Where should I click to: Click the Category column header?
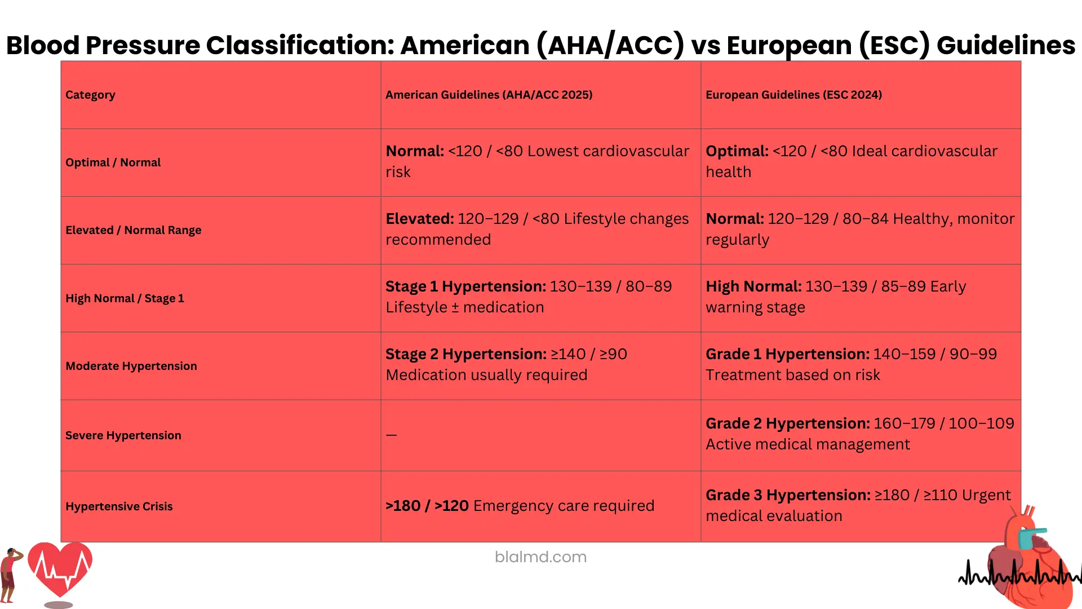tap(90, 95)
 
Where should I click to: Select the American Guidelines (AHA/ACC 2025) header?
tap(489, 95)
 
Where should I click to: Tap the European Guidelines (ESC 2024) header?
tap(793, 95)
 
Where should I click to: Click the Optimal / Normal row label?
tap(113, 162)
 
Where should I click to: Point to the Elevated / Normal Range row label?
tap(133, 230)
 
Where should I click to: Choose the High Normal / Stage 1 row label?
tap(125, 298)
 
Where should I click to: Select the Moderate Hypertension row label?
tap(131, 366)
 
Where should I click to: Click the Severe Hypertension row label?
tap(123, 435)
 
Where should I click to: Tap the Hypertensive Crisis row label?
tap(119, 506)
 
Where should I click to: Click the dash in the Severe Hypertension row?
tap(392, 435)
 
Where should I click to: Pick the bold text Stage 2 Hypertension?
tap(466, 354)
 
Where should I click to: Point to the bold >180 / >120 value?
tap(427, 506)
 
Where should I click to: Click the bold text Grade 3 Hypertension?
tap(788, 495)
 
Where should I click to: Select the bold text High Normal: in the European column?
tap(753, 286)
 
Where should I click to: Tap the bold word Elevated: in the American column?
tap(420, 219)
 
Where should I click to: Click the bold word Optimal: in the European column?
tap(737, 151)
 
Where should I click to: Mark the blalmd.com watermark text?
tap(540, 557)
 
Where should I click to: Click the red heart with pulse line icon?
tap(60, 570)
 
